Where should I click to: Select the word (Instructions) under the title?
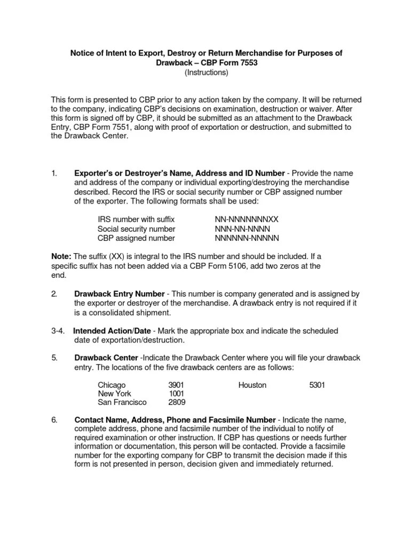coord(206,72)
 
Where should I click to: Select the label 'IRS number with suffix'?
coord(136,220)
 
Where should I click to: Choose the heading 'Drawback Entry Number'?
coord(119,294)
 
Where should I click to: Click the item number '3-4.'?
coord(58,331)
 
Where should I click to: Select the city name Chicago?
coord(112,385)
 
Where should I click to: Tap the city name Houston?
coord(252,385)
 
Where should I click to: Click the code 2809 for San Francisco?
coord(177,403)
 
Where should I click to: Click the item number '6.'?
coord(54,420)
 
